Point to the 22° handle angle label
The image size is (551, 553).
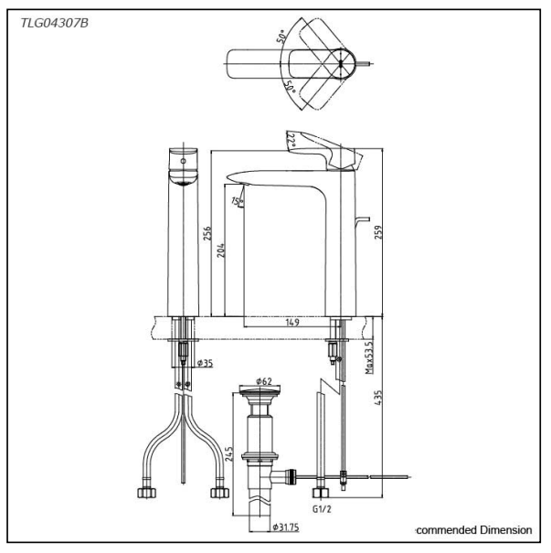pos(291,139)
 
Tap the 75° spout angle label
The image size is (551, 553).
pos(236,202)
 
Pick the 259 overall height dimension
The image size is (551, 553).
pos(376,233)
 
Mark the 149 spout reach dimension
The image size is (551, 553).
pos(291,321)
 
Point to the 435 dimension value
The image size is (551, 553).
pos(376,400)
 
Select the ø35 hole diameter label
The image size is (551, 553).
pos(203,363)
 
